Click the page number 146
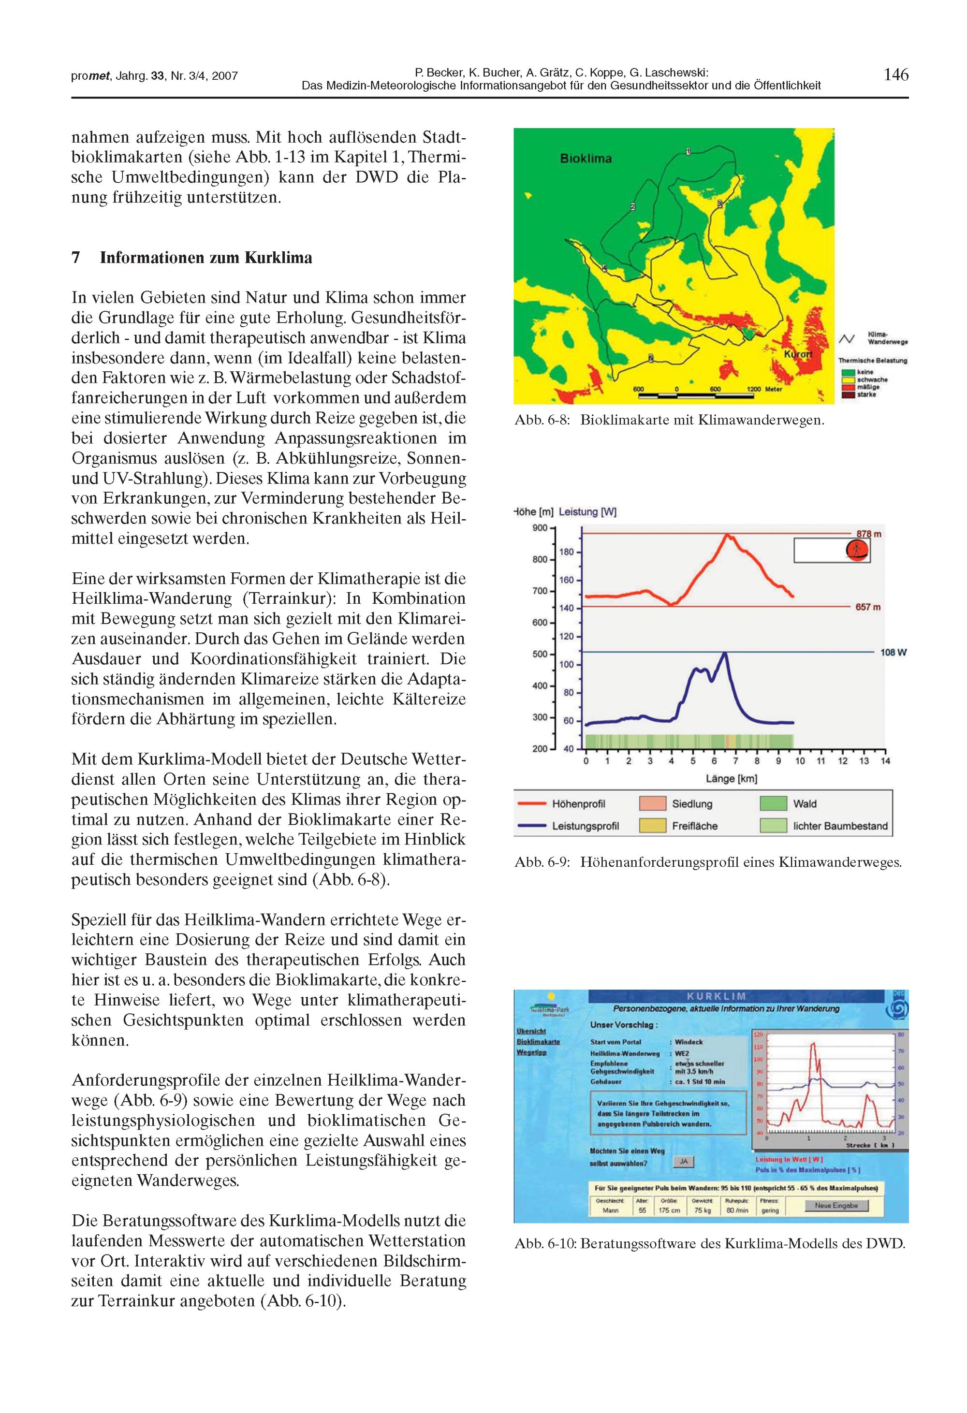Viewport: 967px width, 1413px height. point(896,75)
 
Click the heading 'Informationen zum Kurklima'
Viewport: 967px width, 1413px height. point(205,258)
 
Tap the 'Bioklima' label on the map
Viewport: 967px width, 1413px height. point(586,159)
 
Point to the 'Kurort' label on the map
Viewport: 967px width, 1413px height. point(797,354)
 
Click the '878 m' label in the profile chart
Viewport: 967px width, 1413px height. point(868,534)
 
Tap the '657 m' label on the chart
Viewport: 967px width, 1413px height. point(868,607)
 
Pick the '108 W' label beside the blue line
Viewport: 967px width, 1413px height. point(894,653)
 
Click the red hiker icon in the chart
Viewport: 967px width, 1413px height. point(857,551)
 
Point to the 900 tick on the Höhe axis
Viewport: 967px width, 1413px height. point(540,528)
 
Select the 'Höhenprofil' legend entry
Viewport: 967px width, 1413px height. point(578,804)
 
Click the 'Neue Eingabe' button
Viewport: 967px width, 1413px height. point(836,1205)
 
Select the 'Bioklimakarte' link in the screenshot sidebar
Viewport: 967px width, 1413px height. point(538,1042)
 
